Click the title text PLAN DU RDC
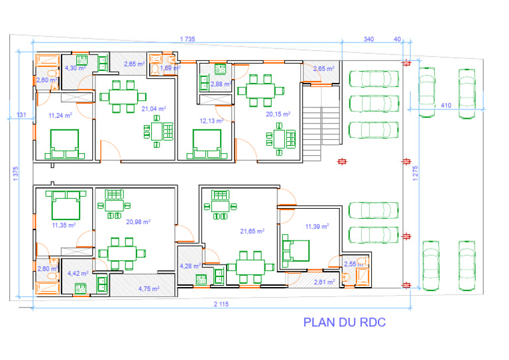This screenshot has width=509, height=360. (x=344, y=323)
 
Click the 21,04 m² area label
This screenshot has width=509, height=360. (x=153, y=108)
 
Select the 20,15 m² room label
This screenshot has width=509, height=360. (x=278, y=114)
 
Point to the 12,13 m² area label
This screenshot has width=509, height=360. (x=211, y=121)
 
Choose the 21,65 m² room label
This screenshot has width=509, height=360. (x=252, y=231)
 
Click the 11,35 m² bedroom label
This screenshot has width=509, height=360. (x=64, y=225)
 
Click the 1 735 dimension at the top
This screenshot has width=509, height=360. (x=188, y=40)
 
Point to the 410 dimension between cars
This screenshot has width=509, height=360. (x=447, y=105)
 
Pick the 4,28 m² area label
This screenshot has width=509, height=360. (x=190, y=267)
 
